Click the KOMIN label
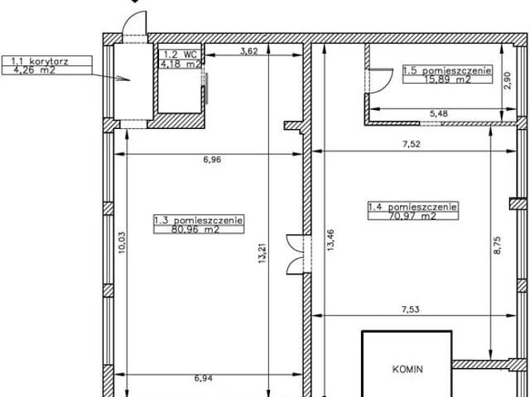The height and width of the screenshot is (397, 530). coord(407,369)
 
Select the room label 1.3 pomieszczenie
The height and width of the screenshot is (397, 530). coord(199,220)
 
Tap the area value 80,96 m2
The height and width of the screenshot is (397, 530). coord(195,230)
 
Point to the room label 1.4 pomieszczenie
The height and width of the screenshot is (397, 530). coord(412,207)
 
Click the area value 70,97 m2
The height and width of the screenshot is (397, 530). coord(412,216)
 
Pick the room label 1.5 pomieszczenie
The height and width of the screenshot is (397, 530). coord(447,70)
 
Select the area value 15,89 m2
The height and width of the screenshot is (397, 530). coord(447,79)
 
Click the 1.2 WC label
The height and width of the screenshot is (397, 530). coord(181,55)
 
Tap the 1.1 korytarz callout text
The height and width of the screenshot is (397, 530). coord(40,61)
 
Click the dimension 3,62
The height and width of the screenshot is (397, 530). coord(249,51)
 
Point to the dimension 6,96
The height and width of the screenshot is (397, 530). coord(212,160)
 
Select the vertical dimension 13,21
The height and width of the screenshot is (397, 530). coord(263,253)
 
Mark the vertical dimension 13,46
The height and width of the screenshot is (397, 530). coord(330,240)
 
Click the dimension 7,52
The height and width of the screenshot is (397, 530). coord(412,144)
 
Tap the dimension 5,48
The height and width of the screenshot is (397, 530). coord(438,114)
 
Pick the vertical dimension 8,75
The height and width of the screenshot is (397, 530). coord(497,246)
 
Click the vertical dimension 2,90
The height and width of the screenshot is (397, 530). coord(508,80)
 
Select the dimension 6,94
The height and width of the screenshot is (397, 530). coord(203,379)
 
